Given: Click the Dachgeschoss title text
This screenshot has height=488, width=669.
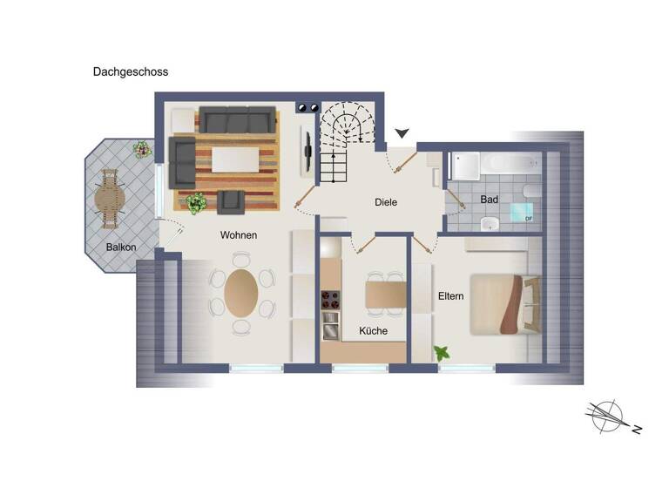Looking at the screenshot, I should pos(131,72).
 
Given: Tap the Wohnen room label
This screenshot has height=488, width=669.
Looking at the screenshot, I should pos(239,235).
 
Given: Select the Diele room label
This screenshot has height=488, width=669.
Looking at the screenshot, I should pos(386,202).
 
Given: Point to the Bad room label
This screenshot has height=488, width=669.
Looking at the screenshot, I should pos(490,200).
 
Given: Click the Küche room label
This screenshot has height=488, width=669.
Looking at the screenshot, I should pos(373,331).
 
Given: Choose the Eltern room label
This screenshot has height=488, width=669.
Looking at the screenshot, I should pos(450,296).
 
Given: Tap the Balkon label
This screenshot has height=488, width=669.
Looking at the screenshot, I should pos(121,247).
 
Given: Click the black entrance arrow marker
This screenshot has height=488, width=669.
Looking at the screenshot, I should pos(402,133).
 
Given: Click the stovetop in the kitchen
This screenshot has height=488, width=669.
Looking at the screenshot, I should pos(330,301).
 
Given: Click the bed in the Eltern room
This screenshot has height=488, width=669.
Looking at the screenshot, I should pos(503,304).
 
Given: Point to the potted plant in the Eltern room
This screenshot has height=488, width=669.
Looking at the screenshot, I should pos(442,353).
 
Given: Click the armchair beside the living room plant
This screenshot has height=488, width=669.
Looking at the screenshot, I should pos(231,201).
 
